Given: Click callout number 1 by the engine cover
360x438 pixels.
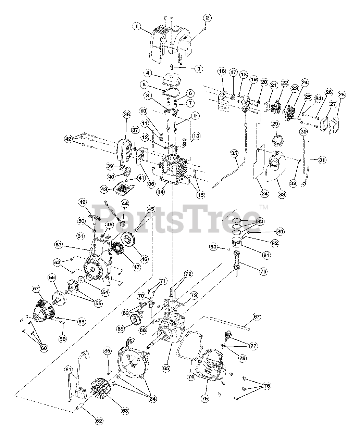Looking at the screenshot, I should coord(137,26).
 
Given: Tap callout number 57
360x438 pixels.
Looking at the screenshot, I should coord(36,289).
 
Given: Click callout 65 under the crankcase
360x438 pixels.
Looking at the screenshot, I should coord(166,368).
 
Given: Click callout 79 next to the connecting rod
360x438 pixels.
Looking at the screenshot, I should coord(263,271).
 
